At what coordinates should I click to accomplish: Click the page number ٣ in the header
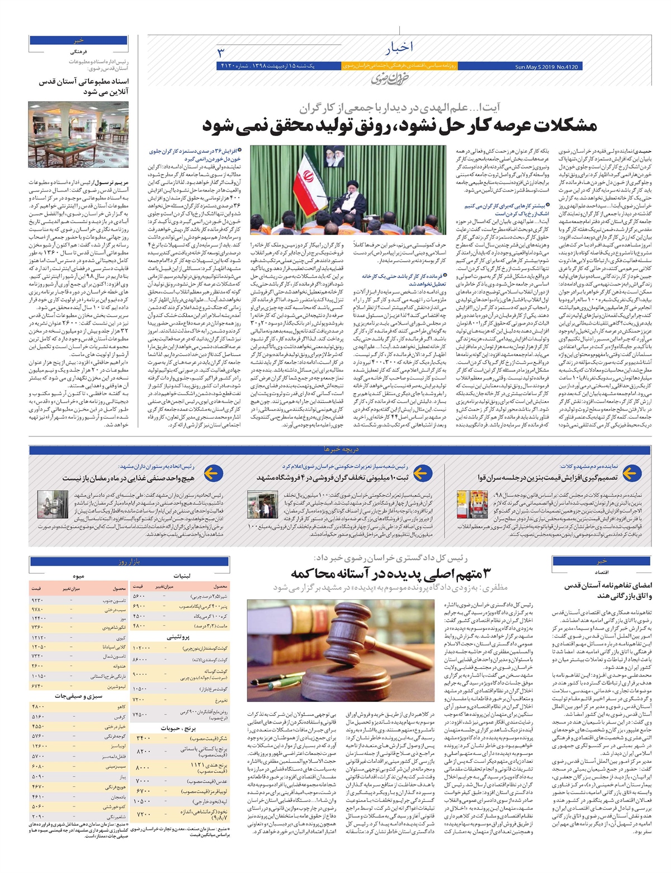[x=220, y=53]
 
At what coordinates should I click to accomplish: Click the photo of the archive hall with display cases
[x=78, y=134]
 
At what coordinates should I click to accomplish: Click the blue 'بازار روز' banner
[x=129, y=561]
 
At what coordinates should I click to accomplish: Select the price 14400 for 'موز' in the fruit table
[x=39, y=618]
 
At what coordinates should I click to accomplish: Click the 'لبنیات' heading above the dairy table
[x=182, y=575]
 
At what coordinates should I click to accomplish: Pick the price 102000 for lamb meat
[x=140, y=647]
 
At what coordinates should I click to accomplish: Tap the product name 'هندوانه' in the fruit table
[x=118, y=665]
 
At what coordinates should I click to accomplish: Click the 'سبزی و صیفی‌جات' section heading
[x=78, y=696]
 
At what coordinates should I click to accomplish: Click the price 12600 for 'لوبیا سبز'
[x=39, y=746]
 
